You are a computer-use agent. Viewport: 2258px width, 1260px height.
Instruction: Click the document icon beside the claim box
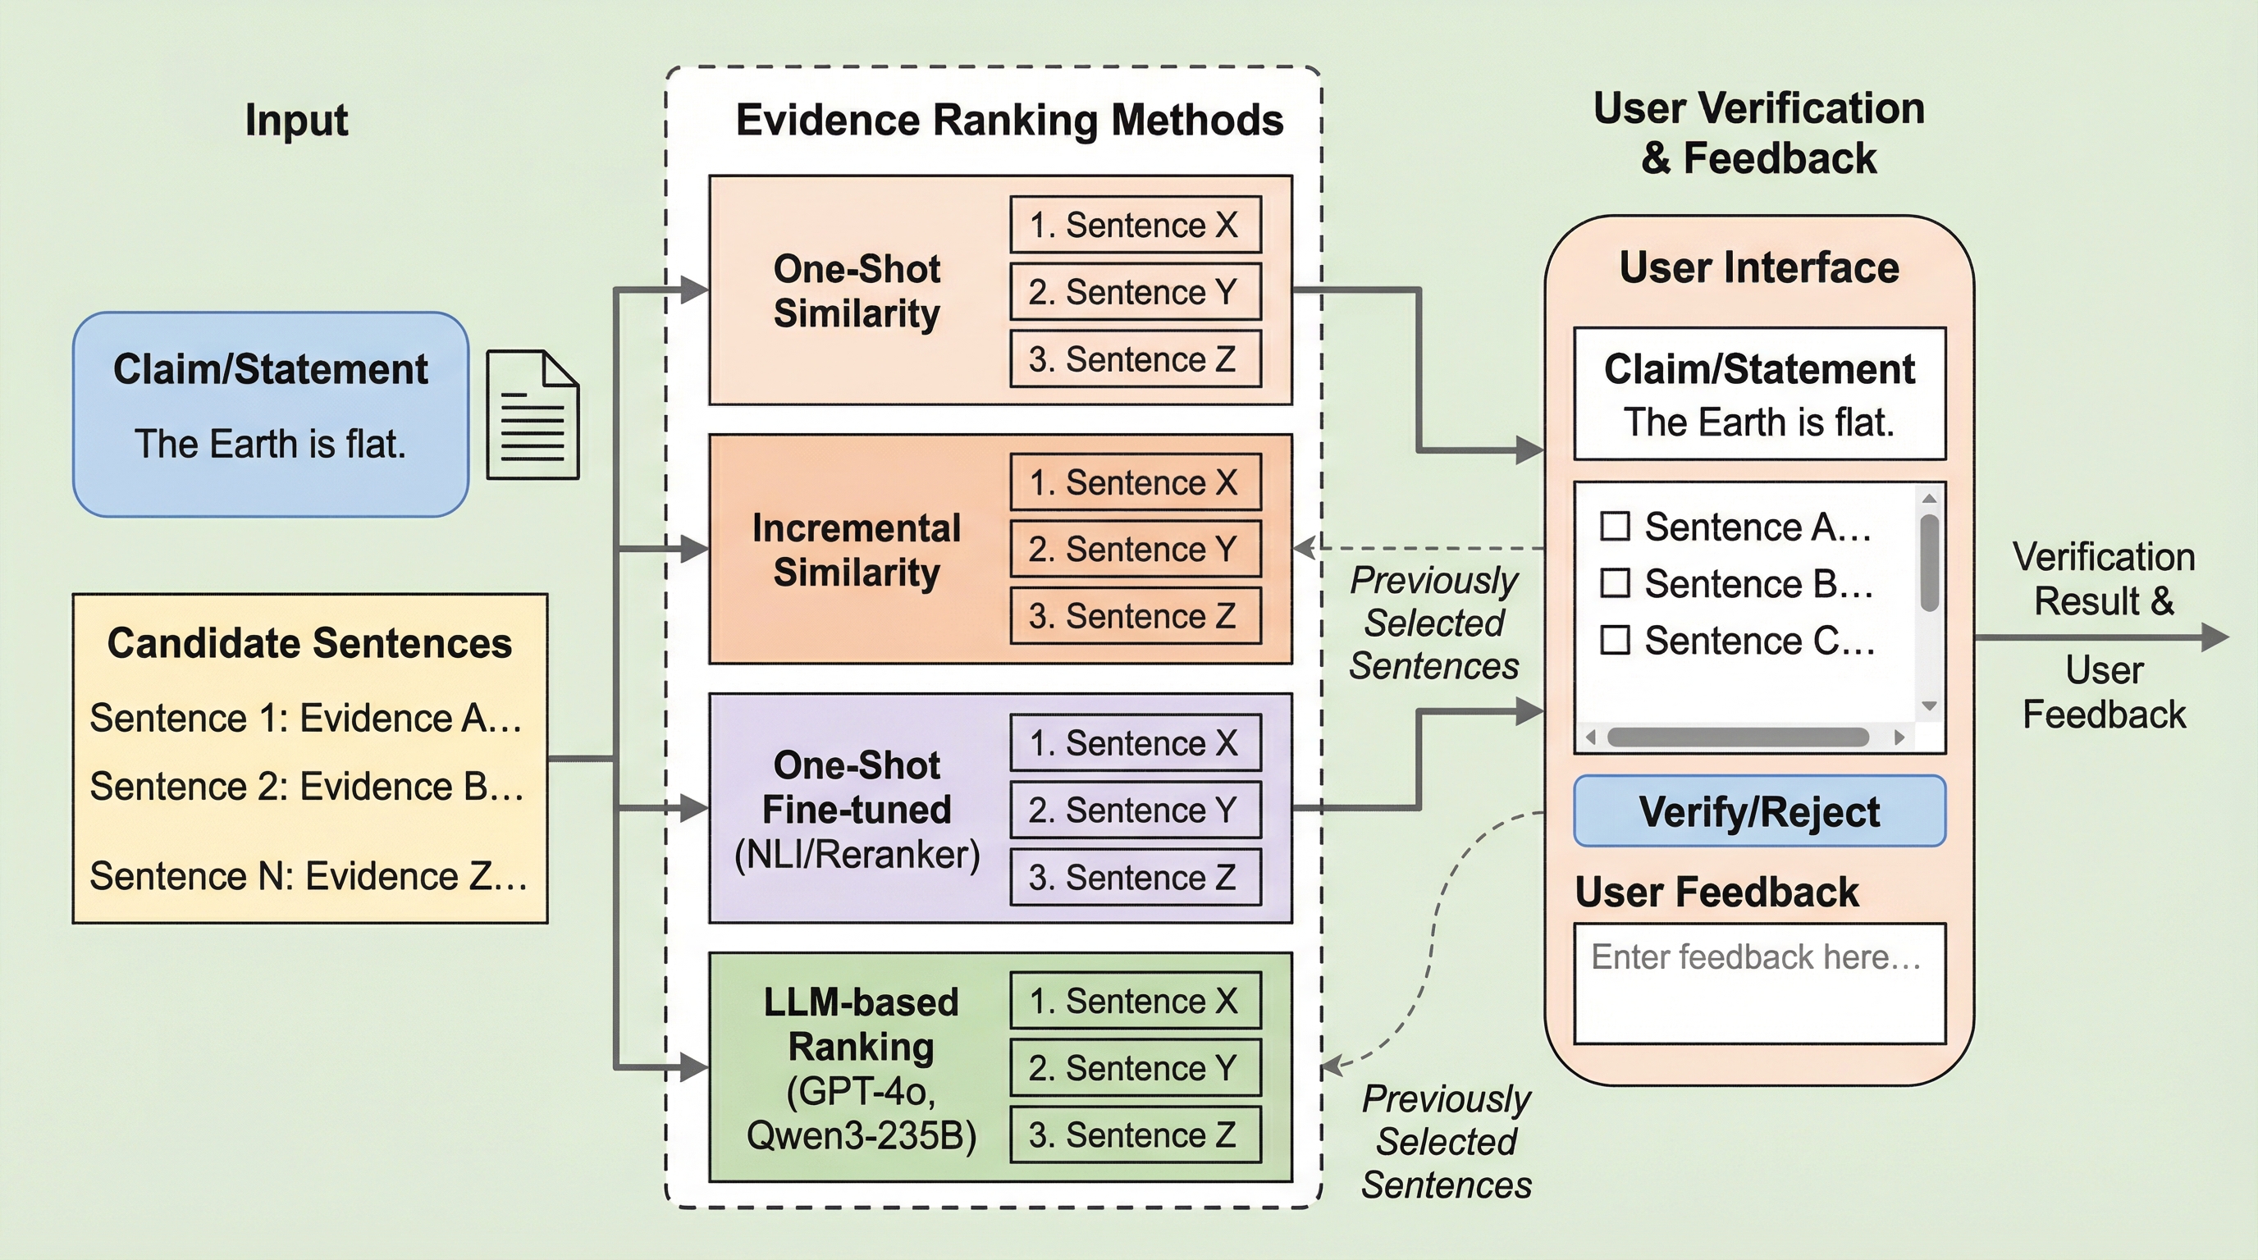point(532,414)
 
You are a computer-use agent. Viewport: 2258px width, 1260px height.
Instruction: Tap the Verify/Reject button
point(1759,811)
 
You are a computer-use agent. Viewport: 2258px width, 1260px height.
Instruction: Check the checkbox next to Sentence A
point(1615,527)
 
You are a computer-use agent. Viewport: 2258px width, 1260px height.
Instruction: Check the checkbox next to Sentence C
point(1615,641)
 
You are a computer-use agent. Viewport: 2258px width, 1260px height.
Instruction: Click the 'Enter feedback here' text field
point(1759,982)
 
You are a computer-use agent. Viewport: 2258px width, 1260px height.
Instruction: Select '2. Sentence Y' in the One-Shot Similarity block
point(1135,292)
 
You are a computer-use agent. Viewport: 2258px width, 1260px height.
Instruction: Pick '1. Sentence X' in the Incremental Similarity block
point(1135,482)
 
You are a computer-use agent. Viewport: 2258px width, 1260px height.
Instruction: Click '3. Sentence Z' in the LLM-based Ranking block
point(1135,1134)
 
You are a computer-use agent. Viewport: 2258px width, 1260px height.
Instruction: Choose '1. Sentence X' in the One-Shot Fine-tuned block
point(1135,743)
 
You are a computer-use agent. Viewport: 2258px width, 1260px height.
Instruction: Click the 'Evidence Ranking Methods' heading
point(1009,120)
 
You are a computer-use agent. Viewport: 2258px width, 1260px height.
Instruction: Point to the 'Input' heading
point(296,120)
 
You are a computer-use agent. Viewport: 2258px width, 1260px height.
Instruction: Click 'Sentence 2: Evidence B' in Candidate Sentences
point(307,786)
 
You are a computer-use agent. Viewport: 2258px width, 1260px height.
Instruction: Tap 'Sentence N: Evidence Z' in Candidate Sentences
point(309,875)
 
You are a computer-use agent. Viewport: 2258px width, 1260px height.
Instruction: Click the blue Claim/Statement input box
point(270,413)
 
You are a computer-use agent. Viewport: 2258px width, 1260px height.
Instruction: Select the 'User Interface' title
point(1759,267)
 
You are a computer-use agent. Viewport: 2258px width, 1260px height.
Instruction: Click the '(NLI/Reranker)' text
point(857,854)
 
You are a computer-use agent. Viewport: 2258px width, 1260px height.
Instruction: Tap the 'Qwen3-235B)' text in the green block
point(861,1135)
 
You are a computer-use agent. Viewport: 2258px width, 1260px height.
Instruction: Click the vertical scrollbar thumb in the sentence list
point(1929,562)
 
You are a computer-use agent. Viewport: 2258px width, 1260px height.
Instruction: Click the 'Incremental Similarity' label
point(857,550)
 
